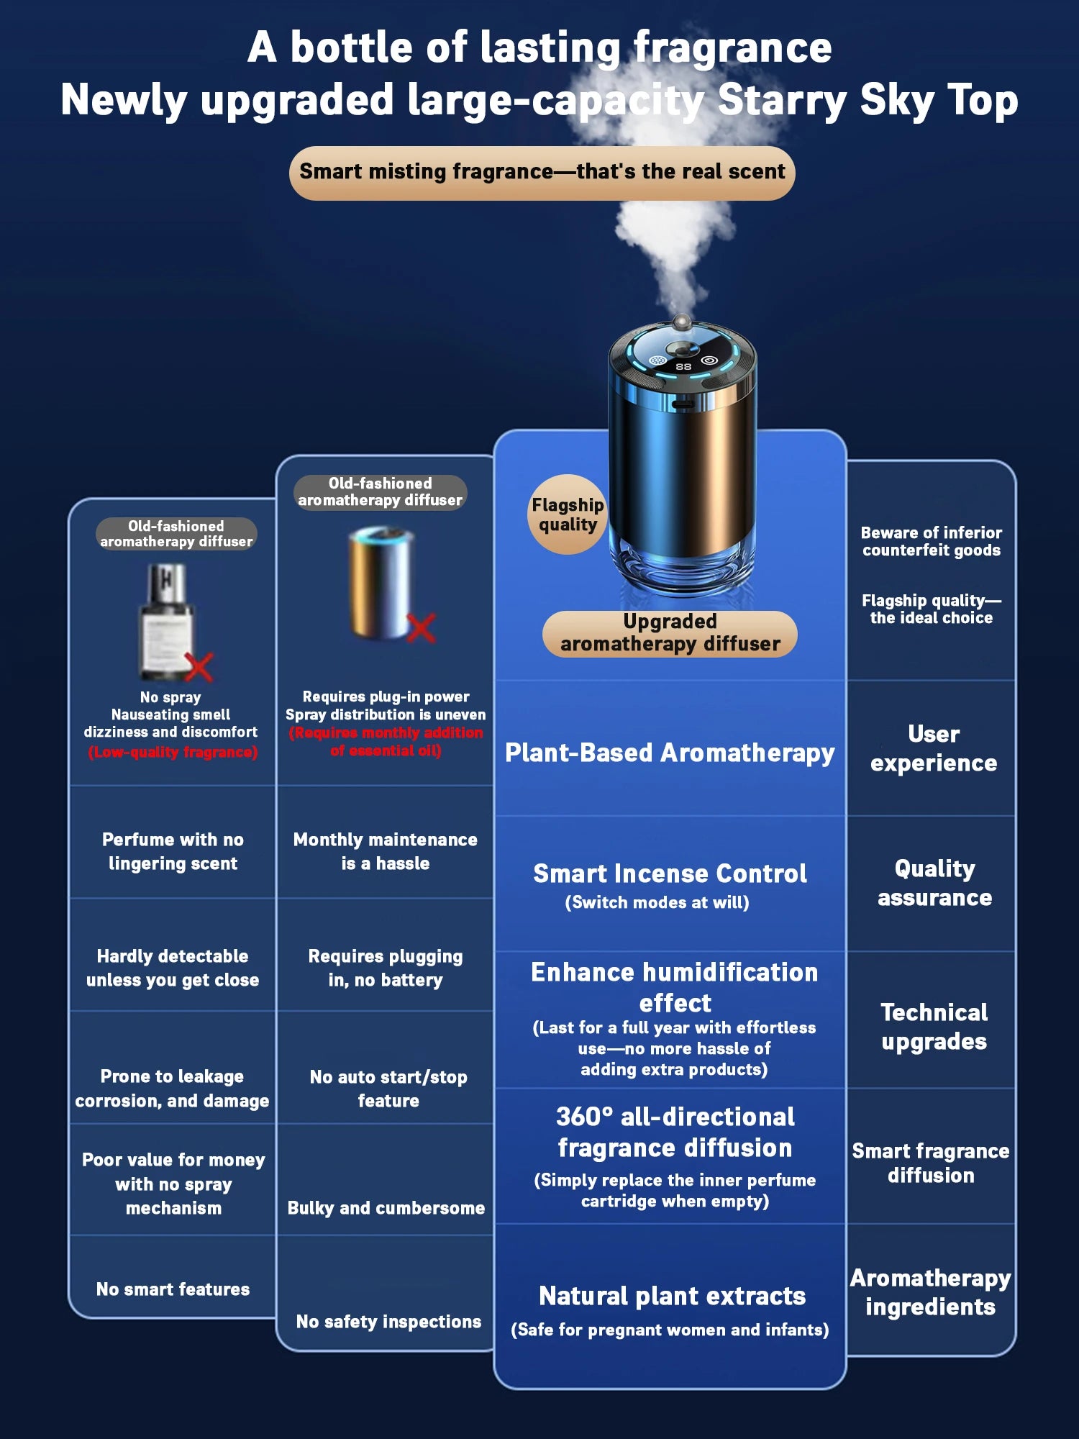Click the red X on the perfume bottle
[x=199, y=667]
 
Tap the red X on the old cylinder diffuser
[x=422, y=627]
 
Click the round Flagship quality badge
[x=568, y=514]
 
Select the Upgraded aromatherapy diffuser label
[x=670, y=633]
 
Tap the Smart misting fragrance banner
[x=542, y=172]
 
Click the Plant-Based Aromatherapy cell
[x=670, y=753]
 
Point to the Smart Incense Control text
[x=670, y=873]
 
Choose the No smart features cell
[x=173, y=1289]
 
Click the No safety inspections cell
[x=388, y=1322]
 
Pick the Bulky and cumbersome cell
[x=386, y=1208]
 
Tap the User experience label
[x=934, y=748]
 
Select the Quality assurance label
[x=934, y=883]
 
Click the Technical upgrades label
[x=934, y=1027]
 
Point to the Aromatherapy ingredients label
[x=931, y=1292]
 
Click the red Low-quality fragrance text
[x=173, y=752]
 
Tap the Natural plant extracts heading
[x=672, y=1296]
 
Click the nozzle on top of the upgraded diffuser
[x=681, y=322]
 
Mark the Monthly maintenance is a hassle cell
[x=386, y=851]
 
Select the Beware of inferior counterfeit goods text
[x=932, y=541]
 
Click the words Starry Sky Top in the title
[x=868, y=99]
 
